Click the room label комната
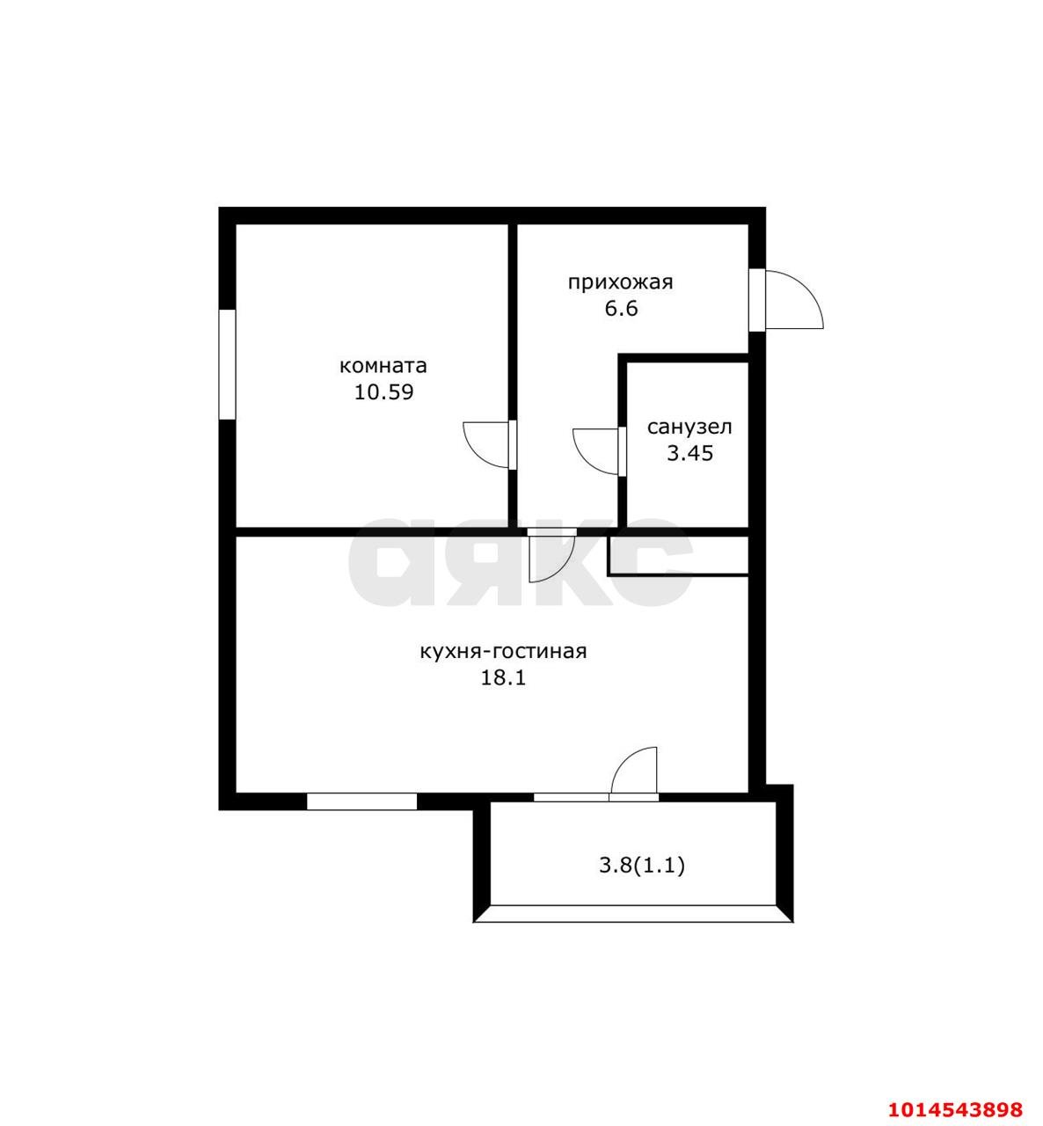tap(383, 366)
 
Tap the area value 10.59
tap(384, 393)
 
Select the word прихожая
tap(621, 283)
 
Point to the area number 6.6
tap(622, 309)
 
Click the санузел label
tap(689, 428)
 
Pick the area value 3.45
tap(689, 454)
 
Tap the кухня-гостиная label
tap(503, 653)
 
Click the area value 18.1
tap(503, 678)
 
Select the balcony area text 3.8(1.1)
tap(642, 866)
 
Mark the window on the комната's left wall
tap(227, 364)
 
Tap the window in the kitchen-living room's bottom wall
tap(361, 801)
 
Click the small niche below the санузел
tap(679, 556)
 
